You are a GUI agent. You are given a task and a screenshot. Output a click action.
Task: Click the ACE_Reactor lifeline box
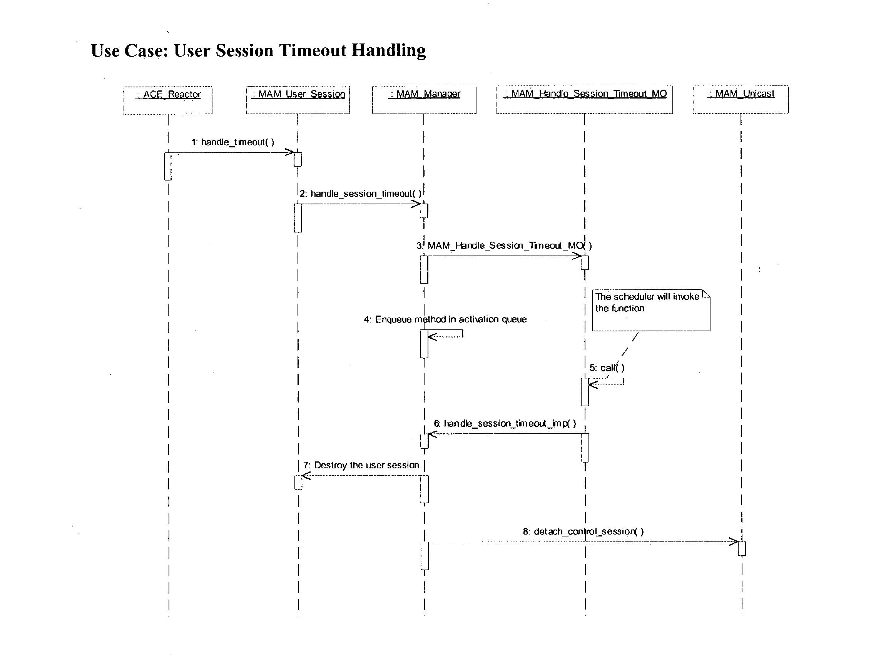167,100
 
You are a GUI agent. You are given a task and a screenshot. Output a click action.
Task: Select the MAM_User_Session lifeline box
298,100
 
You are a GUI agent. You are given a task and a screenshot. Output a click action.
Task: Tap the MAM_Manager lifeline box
424,100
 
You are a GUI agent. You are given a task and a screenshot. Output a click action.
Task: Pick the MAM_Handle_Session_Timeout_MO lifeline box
584,100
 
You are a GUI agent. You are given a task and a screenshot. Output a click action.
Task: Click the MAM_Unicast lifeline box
741,99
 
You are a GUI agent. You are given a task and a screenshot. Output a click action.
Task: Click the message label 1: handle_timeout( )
232,142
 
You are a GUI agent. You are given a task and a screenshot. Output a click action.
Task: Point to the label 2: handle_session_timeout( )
360,194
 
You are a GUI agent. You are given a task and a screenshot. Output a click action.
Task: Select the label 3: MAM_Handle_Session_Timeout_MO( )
504,246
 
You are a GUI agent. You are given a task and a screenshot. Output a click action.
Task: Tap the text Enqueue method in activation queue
450,319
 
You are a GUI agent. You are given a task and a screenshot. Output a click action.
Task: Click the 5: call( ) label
607,368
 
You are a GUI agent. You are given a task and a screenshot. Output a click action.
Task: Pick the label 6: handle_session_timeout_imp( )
505,424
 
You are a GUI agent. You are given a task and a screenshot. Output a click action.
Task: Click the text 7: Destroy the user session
361,465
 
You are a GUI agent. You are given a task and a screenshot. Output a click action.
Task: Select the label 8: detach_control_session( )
583,531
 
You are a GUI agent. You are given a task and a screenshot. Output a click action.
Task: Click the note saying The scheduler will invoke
650,310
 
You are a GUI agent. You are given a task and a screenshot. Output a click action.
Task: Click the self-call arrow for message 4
446,334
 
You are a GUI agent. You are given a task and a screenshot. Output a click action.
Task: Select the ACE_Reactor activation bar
168,166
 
